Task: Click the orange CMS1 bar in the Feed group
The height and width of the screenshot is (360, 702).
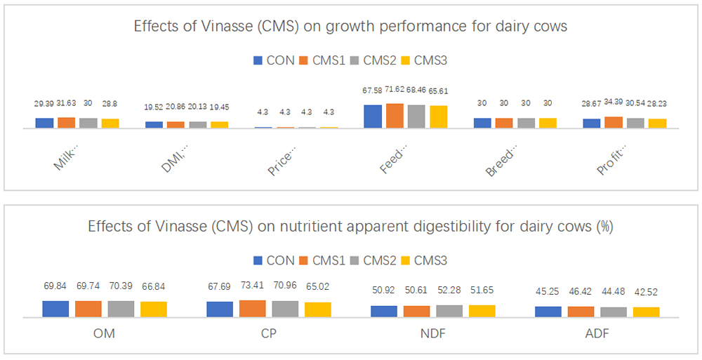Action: click(395, 116)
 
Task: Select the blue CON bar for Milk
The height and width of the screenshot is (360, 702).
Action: click(44, 123)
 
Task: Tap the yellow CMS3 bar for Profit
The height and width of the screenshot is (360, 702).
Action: click(657, 124)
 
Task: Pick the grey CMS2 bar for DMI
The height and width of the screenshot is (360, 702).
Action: click(197, 125)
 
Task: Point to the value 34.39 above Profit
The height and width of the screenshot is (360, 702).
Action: click(613, 104)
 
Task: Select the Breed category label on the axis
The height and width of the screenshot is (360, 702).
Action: click(501, 161)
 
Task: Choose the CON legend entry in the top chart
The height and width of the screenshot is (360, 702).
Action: click(276, 60)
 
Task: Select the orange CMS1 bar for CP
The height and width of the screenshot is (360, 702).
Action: click(253, 309)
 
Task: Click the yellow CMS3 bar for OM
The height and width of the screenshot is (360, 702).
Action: click(154, 309)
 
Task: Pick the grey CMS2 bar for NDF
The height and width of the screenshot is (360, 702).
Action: click(449, 311)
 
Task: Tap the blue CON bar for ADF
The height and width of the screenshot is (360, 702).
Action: click(548, 312)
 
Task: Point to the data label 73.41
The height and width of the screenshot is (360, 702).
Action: click(253, 287)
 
